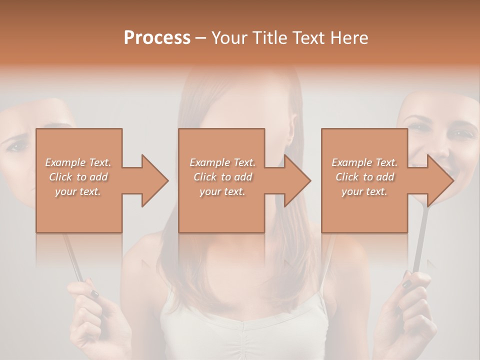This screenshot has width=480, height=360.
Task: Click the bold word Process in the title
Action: pos(157,38)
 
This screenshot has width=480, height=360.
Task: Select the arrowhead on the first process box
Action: pos(154,180)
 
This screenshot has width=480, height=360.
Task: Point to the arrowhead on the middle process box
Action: pos(297,180)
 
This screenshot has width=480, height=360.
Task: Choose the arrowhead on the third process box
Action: pos(440,180)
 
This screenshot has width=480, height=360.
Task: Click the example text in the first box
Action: pos(78,177)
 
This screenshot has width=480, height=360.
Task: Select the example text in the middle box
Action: pos(222,177)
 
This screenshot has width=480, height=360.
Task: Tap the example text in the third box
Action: pos(364,177)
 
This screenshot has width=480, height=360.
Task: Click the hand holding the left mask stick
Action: pos(92,310)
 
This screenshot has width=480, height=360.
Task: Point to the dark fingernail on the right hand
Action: pos(406,283)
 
